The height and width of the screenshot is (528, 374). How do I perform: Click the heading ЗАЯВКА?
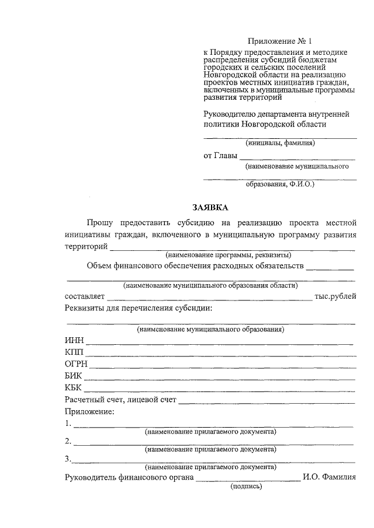(210, 207)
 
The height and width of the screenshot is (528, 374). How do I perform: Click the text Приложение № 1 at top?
(280, 41)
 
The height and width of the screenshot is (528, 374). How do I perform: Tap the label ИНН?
(75, 341)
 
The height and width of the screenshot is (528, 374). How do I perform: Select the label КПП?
(75, 353)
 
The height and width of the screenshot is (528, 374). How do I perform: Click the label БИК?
(74, 376)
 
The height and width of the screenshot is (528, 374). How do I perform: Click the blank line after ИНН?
(220, 344)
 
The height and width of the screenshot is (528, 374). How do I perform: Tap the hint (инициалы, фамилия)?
(280, 143)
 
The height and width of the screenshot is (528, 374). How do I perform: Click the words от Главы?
(220, 156)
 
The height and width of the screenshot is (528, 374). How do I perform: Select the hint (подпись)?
(247, 486)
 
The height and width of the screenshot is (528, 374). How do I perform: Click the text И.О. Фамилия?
(329, 478)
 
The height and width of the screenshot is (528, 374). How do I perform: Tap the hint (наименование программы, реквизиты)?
(228, 256)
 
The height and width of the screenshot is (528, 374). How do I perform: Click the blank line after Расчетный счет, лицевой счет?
(267, 403)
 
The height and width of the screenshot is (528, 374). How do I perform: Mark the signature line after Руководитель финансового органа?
(248, 481)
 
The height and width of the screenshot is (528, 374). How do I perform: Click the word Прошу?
(99, 223)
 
